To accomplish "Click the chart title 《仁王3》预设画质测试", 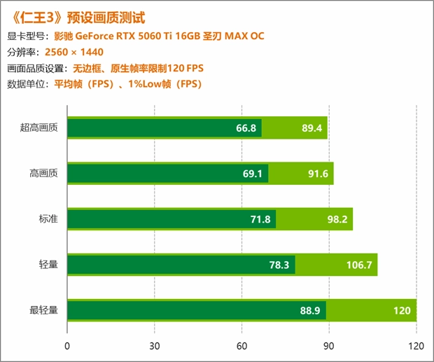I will click(x=81, y=16).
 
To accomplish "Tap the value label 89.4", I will click(x=311, y=128).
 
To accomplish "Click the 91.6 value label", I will click(x=318, y=174).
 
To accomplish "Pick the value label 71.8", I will click(x=260, y=219).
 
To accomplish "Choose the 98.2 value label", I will click(x=337, y=219).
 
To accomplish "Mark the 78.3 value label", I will click(x=279, y=265).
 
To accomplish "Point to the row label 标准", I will click(x=48, y=218).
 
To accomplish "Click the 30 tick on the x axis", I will click(x=155, y=345).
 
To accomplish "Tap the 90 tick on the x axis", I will click(x=330, y=345).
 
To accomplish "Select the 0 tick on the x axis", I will click(x=67, y=345).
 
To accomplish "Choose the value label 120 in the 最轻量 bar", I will click(x=401, y=310).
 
